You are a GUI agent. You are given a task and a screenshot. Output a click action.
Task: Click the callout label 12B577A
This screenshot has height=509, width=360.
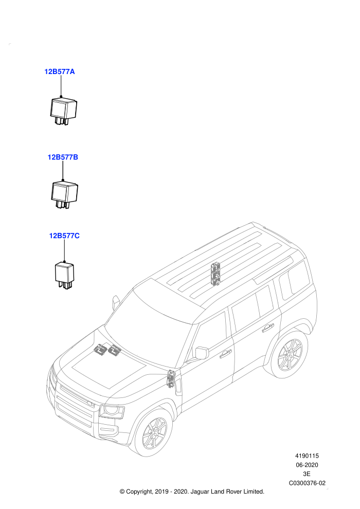pyautogui.click(x=60, y=71)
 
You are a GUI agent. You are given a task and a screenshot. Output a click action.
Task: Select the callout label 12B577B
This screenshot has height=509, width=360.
pyautogui.click(x=63, y=157)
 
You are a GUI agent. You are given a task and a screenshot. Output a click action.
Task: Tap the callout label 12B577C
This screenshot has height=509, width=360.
pyautogui.click(x=64, y=235)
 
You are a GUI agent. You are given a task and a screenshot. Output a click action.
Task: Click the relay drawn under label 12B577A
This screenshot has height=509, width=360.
pyautogui.click(x=64, y=110)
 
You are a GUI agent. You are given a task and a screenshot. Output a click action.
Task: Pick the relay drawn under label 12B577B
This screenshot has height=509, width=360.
pyautogui.click(x=65, y=194)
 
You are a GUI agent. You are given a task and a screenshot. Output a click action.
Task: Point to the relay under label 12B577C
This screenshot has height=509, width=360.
pyautogui.click(x=64, y=275)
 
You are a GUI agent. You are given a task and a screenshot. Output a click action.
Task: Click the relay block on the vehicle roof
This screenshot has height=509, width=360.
pyautogui.click(x=215, y=274)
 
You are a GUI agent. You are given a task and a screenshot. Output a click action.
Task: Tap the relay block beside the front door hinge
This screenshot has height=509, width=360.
pyautogui.click(x=170, y=379)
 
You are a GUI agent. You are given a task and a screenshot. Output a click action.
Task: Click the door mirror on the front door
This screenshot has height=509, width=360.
pyautogui.click(x=202, y=353)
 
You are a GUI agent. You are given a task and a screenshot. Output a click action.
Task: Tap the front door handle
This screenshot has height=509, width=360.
pyautogui.click(x=226, y=354)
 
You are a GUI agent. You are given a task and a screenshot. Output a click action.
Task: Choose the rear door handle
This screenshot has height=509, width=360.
pyautogui.click(x=268, y=328)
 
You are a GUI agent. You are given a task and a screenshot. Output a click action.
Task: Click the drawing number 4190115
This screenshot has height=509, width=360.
pyautogui.click(x=307, y=456)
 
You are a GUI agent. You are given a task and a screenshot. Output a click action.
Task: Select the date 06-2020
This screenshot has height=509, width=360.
pyautogui.click(x=307, y=465)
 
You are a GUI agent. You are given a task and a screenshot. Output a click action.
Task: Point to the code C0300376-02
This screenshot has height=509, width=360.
pyautogui.click(x=307, y=483)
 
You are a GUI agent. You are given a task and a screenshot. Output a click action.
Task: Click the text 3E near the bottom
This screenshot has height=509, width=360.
pyautogui.click(x=307, y=474)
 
